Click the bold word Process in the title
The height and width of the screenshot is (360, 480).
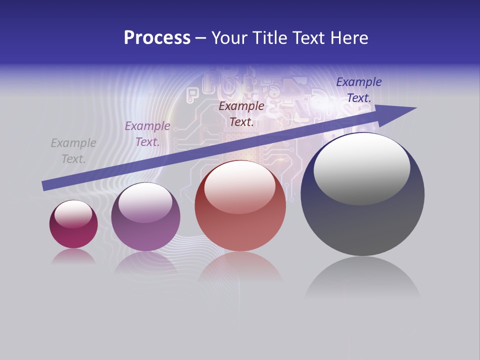(157, 37)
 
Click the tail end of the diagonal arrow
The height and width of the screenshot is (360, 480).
(45, 185)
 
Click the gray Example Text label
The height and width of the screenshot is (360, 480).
(73, 151)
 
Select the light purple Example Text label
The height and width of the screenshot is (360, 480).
(147, 134)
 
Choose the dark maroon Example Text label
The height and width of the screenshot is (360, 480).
(241, 113)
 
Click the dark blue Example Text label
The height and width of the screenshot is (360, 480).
(359, 90)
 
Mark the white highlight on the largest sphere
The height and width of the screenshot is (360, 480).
(362, 167)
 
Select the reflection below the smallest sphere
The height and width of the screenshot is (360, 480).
(73, 256)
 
